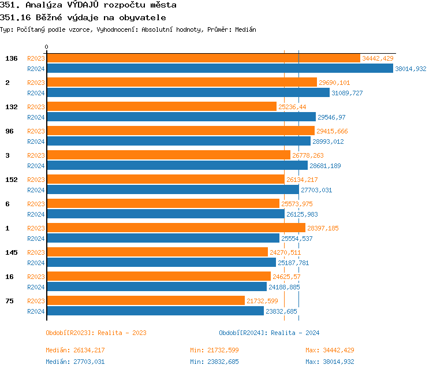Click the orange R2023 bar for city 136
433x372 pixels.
tap(203, 58)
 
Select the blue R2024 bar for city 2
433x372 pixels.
tap(188, 93)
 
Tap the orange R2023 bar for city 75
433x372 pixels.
tap(145, 301)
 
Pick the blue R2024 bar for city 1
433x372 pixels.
tap(163, 239)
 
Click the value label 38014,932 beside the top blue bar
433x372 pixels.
tap(410, 69)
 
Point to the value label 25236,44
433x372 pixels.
tap(292, 107)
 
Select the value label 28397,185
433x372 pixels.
tap(323, 228)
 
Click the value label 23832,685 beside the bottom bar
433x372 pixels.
tap(281, 311)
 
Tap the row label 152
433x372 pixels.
tap(12, 180)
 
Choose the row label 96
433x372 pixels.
tap(9, 131)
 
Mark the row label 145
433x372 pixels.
tap(12, 252)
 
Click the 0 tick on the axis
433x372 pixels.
tap(47, 47)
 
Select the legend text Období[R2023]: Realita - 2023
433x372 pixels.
tap(96, 333)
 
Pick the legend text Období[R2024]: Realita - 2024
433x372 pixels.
tap(269, 333)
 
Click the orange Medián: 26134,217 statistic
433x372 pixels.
tap(75, 350)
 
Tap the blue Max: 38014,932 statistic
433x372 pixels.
tap(330, 362)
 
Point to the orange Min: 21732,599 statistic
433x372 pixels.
tap(214, 350)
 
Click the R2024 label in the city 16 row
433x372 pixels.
tap(36, 287)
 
